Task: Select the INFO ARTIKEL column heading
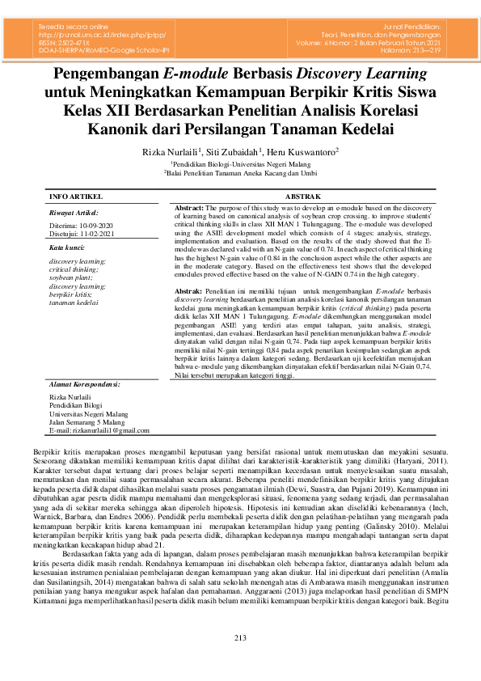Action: click(x=76, y=197)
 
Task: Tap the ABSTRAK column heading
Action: click(x=305, y=197)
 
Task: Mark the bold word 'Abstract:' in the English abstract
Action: click(x=191, y=208)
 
